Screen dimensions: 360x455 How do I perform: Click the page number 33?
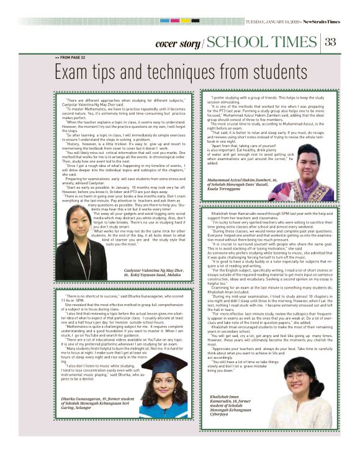[x=330, y=42]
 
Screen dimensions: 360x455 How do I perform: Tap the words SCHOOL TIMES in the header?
[x=261, y=42]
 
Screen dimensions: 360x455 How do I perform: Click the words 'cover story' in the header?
[x=178, y=43]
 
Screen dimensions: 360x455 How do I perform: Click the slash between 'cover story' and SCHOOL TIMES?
[x=203, y=43]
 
